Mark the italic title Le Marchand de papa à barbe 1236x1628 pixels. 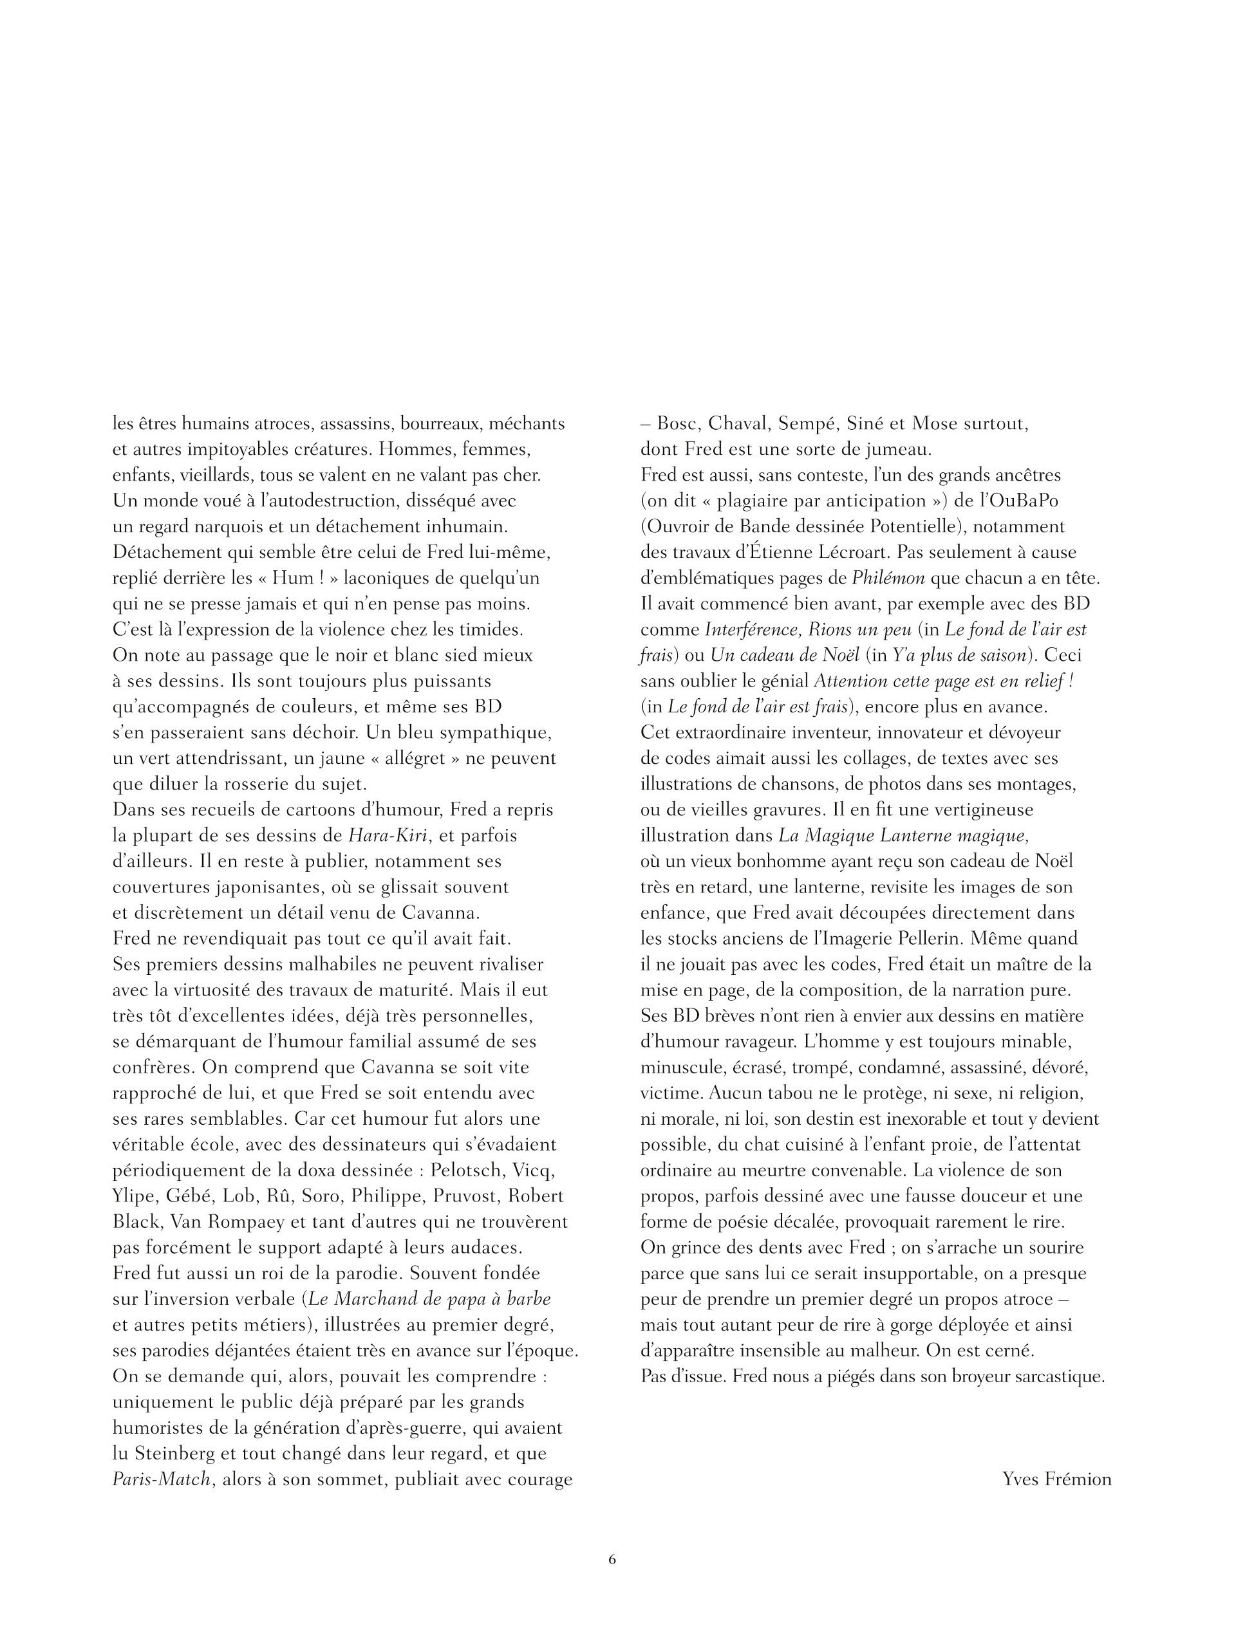429,1299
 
